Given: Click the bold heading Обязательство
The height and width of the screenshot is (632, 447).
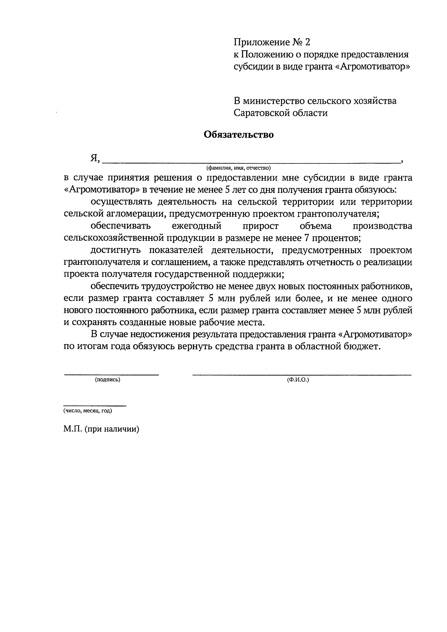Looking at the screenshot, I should [238, 134].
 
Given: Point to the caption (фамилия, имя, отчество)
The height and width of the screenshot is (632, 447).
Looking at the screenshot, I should [238, 168].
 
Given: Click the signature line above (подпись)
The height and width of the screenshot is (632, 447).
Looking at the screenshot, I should [111, 374].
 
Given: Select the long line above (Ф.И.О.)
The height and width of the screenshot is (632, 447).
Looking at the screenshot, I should [302, 374].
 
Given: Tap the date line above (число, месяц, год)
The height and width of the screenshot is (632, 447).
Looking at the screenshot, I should [95, 405].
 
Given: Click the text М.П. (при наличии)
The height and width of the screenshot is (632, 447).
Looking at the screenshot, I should [101, 429].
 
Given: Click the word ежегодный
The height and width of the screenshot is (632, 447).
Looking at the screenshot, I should [197, 226].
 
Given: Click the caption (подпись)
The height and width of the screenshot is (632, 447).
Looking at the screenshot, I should [108, 380].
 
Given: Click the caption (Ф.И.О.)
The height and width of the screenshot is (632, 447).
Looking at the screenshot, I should [298, 380].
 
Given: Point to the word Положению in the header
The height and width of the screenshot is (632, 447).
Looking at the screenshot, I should [264, 54].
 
